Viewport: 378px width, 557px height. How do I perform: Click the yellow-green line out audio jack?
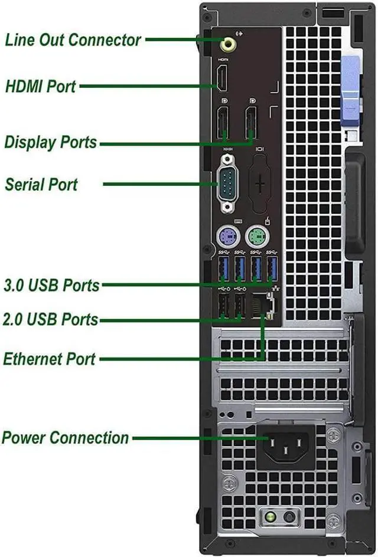[227, 43]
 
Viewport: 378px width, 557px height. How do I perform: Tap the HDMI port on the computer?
[223, 79]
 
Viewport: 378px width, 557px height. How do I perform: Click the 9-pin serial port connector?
[227, 184]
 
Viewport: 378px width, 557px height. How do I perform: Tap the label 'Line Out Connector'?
[73, 40]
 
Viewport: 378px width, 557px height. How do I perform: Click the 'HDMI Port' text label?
[41, 86]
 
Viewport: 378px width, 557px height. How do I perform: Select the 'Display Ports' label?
[51, 142]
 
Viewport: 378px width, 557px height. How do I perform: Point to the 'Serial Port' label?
[41, 184]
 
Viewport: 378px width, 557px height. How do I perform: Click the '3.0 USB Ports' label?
[52, 285]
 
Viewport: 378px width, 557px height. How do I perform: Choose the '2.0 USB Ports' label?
[51, 320]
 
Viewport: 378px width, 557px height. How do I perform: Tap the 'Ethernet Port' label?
[50, 359]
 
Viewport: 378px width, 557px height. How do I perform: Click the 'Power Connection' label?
[66, 438]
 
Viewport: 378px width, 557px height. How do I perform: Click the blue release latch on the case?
[350, 91]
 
